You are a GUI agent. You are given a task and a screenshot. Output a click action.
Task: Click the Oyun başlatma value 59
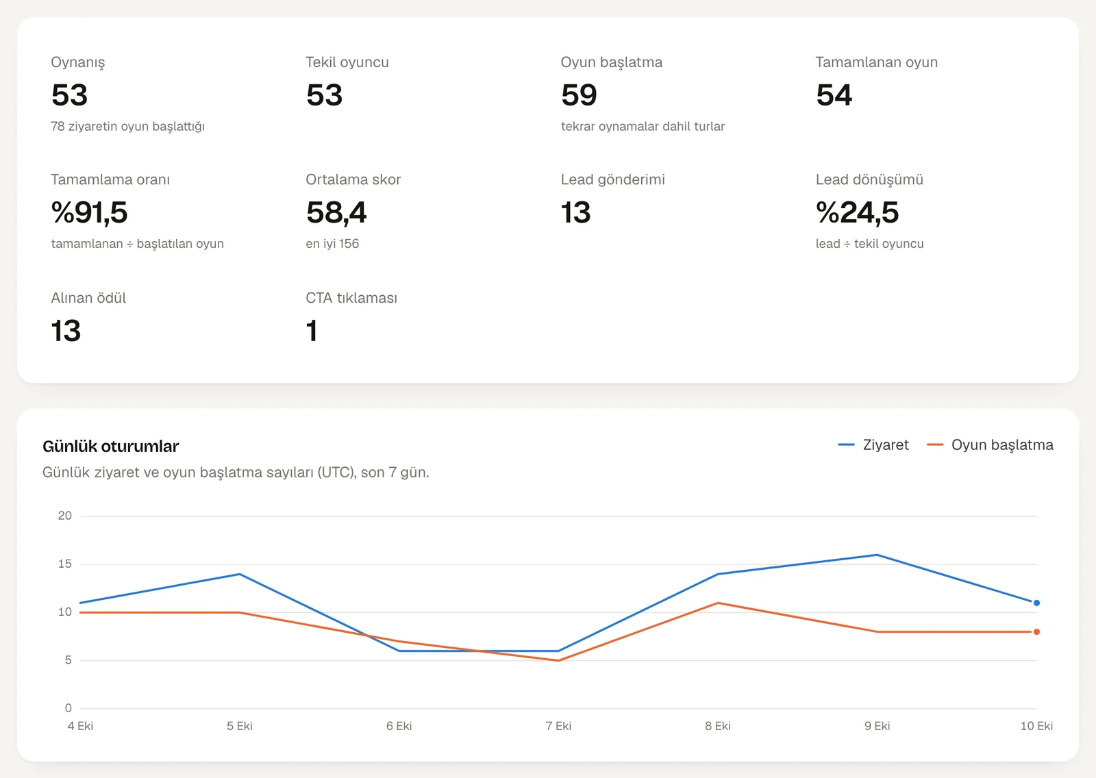(x=579, y=95)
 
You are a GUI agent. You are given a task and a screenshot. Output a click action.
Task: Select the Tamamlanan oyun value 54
(x=834, y=95)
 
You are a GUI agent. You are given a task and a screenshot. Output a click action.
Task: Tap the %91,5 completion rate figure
(x=89, y=213)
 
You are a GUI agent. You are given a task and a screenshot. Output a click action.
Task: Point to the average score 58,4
(x=336, y=213)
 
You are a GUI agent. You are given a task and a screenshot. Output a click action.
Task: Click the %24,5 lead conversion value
(x=857, y=213)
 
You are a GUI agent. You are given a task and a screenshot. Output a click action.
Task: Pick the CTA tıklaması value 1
(x=312, y=331)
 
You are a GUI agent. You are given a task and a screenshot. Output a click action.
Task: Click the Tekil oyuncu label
(x=347, y=62)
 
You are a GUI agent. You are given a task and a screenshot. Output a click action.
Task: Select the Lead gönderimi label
(x=612, y=179)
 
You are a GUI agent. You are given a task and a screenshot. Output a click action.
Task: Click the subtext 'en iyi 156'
(x=332, y=244)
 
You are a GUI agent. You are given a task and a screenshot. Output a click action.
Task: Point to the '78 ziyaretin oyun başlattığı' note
(x=127, y=126)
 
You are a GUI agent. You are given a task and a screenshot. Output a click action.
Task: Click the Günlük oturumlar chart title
(x=110, y=447)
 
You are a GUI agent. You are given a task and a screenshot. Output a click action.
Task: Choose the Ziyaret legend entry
(x=873, y=444)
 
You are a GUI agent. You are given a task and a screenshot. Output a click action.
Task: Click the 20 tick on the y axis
(x=64, y=516)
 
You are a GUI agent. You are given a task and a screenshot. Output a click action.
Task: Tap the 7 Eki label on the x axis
(x=558, y=726)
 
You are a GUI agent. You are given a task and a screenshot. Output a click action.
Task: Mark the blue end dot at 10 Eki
(x=1036, y=603)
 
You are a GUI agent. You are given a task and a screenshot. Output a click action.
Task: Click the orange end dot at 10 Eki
(x=1036, y=631)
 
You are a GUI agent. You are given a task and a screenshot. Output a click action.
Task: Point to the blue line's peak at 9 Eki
(x=877, y=555)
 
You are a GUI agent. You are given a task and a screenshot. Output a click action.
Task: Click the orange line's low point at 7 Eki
(x=558, y=661)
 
